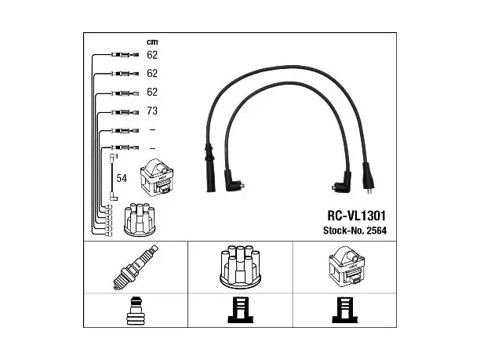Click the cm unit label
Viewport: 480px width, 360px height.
click(152, 42)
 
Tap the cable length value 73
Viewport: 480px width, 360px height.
click(152, 111)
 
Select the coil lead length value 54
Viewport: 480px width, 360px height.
click(122, 178)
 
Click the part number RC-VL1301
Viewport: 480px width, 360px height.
click(357, 216)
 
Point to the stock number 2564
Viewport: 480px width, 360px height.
click(376, 231)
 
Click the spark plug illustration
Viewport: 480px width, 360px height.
click(136, 267)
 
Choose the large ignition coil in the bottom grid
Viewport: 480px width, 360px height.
click(347, 267)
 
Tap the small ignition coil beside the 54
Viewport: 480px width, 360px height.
click(157, 177)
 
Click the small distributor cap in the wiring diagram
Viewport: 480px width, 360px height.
click(140, 220)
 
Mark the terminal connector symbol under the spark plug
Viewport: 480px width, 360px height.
click(136, 311)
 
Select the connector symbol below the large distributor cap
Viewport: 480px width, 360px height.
click(241, 310)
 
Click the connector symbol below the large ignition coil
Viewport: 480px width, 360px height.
click(345, 310)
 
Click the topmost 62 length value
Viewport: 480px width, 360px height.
click(152, 55)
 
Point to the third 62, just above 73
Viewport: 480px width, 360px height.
click(152, 92)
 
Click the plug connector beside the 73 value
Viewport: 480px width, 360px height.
click(125, 112)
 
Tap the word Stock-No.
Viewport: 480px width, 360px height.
click(344, 231)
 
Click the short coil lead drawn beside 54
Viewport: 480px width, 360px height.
click(113, 177)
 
